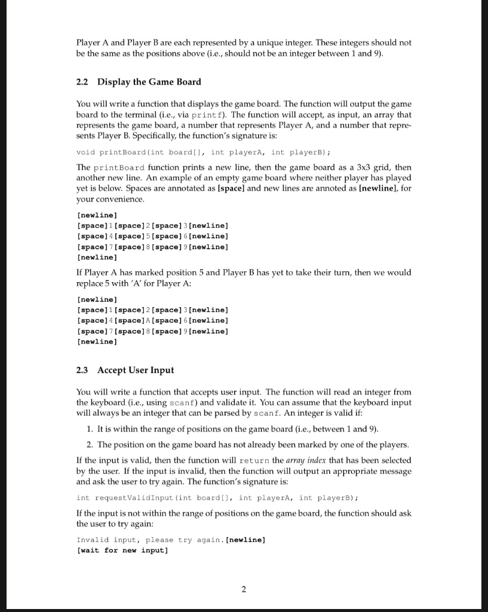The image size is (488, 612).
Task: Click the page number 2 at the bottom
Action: pyautogui.click(x=244, y=590)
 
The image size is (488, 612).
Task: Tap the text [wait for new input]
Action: pyautogui.click(x=122, y=550)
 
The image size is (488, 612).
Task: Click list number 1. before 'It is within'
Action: pyautogui.click(x=90, y=430)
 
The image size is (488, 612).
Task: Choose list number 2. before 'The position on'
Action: pyautogui.click(x=90, y=445)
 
